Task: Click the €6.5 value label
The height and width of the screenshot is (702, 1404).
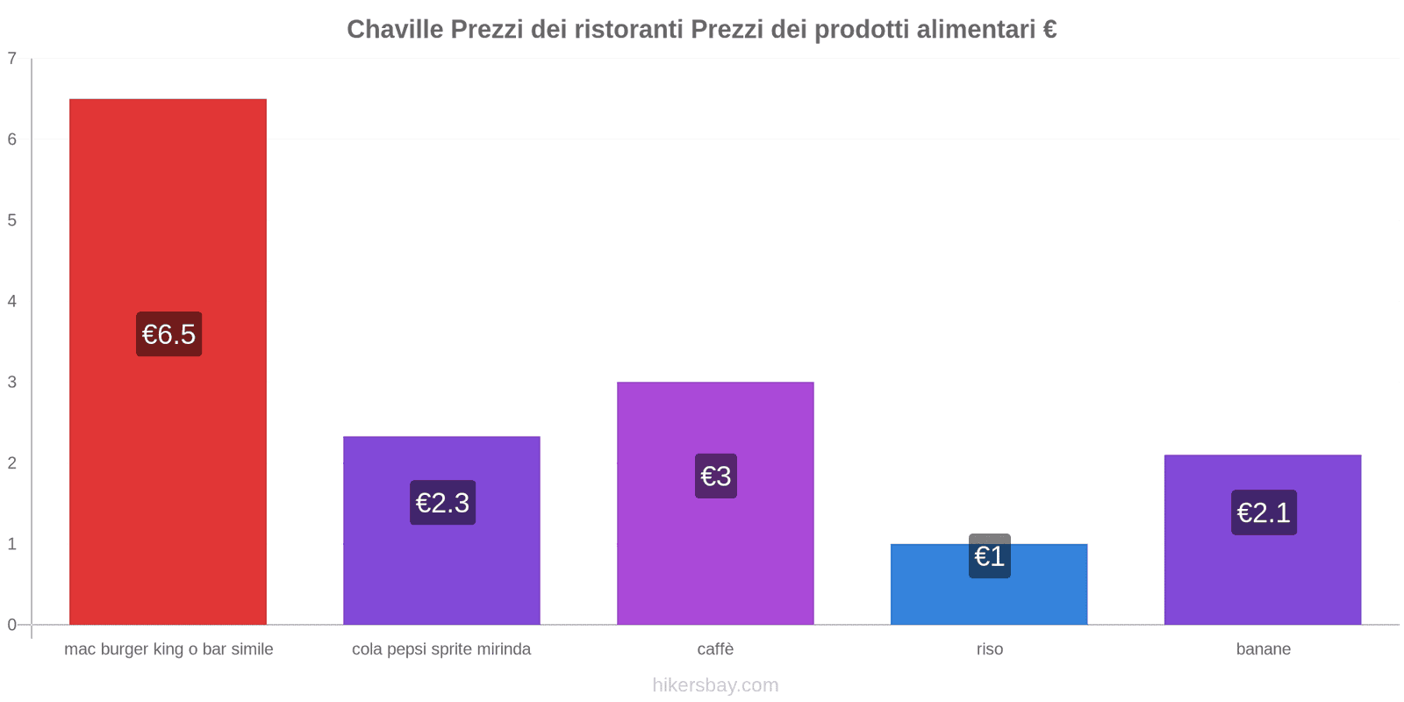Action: point(168,334)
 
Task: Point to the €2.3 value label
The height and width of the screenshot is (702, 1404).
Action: point(442,503)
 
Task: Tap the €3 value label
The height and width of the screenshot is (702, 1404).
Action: point(716,476)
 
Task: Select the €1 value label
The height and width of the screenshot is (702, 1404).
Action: point(990,556)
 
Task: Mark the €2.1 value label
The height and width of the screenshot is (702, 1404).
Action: point(1264,512)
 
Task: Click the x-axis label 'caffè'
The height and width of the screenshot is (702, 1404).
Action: point(715,649)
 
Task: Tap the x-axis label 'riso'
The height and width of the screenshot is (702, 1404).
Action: point(989,649)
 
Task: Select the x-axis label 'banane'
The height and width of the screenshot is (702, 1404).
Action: point(1263,649)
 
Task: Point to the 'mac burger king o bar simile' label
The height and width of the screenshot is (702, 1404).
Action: point(168,649)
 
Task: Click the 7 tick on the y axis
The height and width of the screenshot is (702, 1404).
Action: point(12,59)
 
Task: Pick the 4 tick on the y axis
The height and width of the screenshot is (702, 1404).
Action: point(12,301)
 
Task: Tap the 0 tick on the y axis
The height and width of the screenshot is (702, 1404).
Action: point(12,625)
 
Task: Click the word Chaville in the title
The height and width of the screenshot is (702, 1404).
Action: point(395,30)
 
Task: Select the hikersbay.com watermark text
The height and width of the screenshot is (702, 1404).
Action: point(715,685)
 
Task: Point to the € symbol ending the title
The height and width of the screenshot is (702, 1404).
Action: point(1049,30)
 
